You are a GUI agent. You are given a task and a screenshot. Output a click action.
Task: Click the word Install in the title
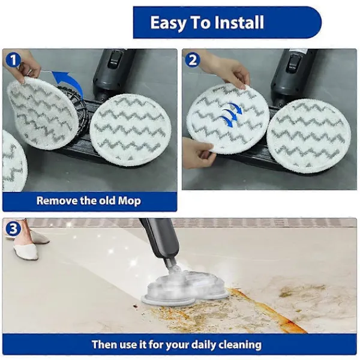pos(239,22)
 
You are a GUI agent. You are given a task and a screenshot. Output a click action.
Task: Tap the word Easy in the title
pos(168,23)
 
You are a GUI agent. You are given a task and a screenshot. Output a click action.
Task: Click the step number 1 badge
pos(13,60)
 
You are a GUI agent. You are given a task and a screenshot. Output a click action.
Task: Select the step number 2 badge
pos(193,60)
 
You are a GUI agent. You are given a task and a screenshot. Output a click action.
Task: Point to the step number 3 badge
pos(13,229)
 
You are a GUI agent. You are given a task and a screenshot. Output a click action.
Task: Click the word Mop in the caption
pos(129,201)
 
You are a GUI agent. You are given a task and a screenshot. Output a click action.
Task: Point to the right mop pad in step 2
pos(309,137)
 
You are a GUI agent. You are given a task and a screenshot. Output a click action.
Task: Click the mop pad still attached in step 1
pos(130,130)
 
